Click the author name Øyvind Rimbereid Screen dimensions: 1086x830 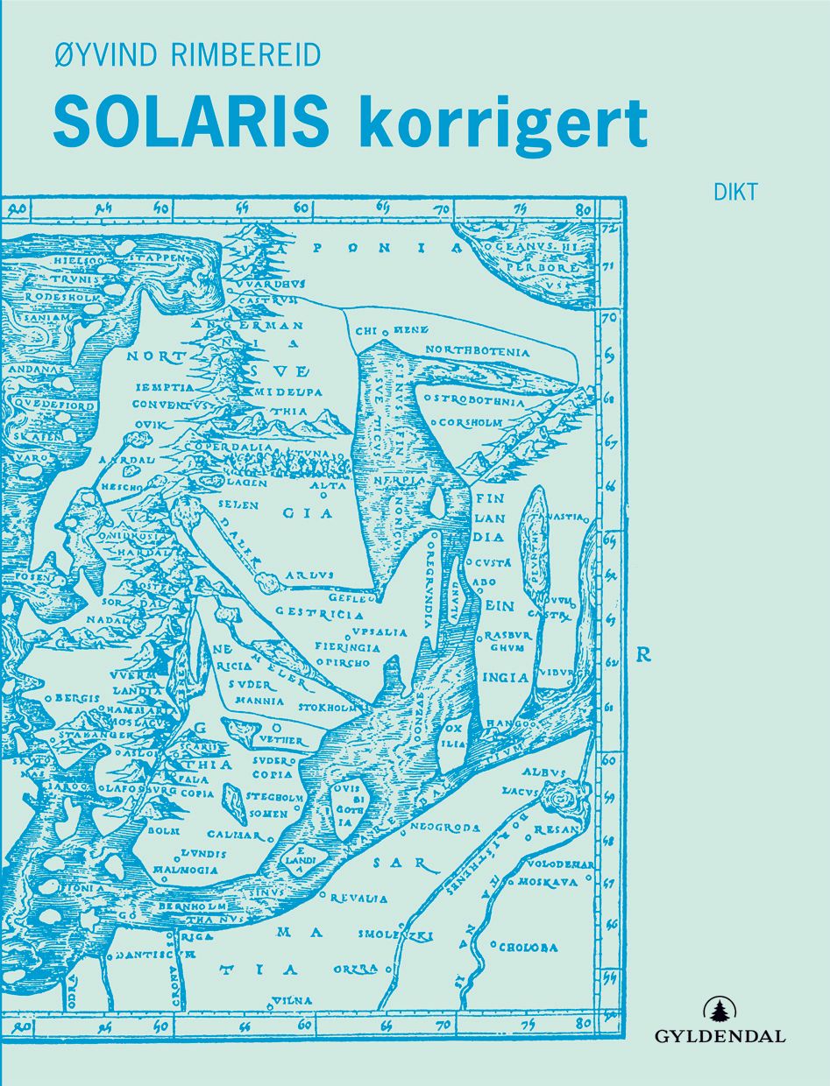(186, 54)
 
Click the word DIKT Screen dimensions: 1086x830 (735, 193)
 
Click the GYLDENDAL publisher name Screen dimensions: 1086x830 (720, 1037)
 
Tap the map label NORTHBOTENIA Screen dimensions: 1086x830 (478, 351)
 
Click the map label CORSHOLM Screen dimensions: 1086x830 (471, 422)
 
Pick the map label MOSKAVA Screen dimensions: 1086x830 (547, 882)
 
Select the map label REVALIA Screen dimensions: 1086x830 (358, 899)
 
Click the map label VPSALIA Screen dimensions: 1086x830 (380, 631)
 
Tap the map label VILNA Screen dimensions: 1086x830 (292, 999)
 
